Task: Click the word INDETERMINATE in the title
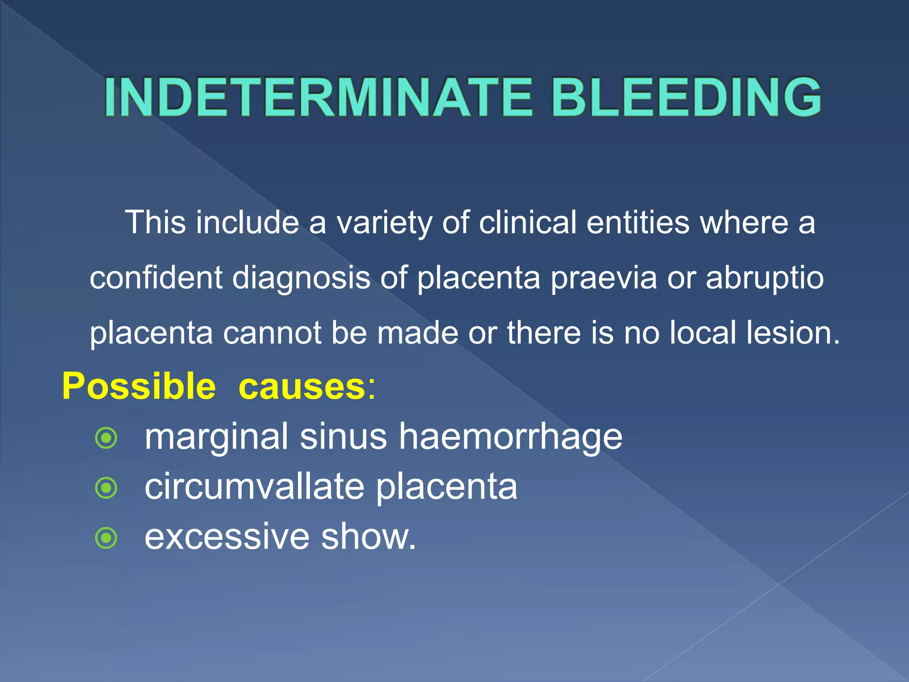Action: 318,97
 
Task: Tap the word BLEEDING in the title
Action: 686,97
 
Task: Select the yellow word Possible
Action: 138,386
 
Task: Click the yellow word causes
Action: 302,386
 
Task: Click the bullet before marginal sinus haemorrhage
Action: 107,438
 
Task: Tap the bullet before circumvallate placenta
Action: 107,488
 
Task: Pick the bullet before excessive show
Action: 107,538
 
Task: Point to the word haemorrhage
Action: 510,437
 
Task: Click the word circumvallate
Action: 254,487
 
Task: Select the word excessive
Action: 227,537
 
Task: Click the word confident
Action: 156,278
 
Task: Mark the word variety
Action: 384,223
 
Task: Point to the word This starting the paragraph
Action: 155,222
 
